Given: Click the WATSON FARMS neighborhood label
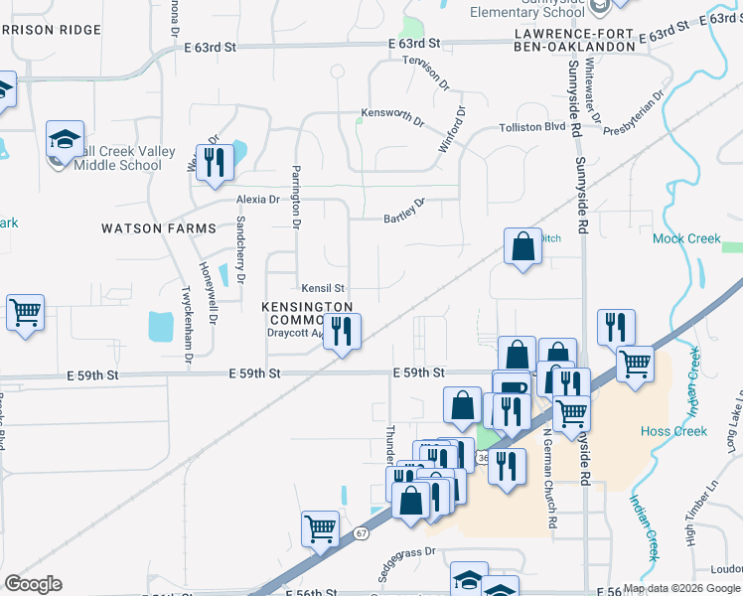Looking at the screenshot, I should [x=159, y=228].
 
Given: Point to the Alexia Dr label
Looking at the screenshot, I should [x=257, y=200].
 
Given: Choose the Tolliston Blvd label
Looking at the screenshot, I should [x=532, y=127].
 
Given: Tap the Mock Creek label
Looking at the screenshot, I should [x=686, y=238].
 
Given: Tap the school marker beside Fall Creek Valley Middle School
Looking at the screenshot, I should [x=65, y=140].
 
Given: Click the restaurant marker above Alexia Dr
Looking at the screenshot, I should [x=215, y=161].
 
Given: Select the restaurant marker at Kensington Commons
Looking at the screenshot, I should [x=342, y=333].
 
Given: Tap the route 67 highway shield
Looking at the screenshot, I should [x=363, y=533].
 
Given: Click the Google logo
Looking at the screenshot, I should [x=33, y=584].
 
